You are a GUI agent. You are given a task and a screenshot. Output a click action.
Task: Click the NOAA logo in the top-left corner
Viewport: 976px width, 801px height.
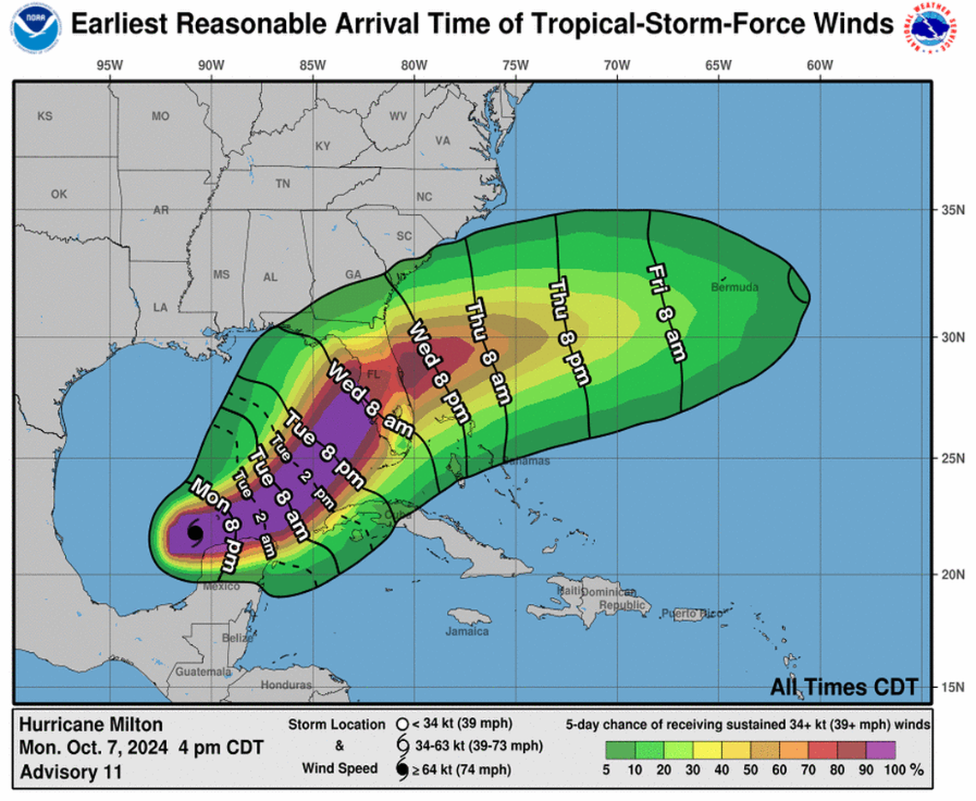(x=36, y=27)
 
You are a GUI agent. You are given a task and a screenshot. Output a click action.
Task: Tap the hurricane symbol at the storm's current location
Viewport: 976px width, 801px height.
(x=194, y=533)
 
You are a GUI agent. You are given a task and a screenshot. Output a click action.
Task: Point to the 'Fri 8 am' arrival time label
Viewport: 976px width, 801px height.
(x=667, y=312)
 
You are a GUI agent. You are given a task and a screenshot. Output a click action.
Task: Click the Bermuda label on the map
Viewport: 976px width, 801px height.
(x=735, y=288)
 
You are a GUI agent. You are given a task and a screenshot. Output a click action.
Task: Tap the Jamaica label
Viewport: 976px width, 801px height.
(x=467, y=631)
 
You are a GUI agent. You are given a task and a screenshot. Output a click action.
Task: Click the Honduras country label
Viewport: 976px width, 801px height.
(x=287, y=684)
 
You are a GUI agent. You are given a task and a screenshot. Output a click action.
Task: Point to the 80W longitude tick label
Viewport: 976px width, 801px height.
(x=414, y=64)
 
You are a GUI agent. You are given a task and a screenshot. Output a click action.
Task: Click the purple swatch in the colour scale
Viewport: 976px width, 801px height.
(x=881, y=750)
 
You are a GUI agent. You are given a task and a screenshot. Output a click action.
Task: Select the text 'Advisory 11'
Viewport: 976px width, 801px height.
(x=70, y=771)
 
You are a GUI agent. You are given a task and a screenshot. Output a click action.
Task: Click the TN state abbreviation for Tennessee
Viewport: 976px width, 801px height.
(x=283, y=183)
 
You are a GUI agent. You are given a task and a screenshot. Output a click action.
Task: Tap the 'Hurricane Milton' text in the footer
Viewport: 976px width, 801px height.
(x=90, y=724)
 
